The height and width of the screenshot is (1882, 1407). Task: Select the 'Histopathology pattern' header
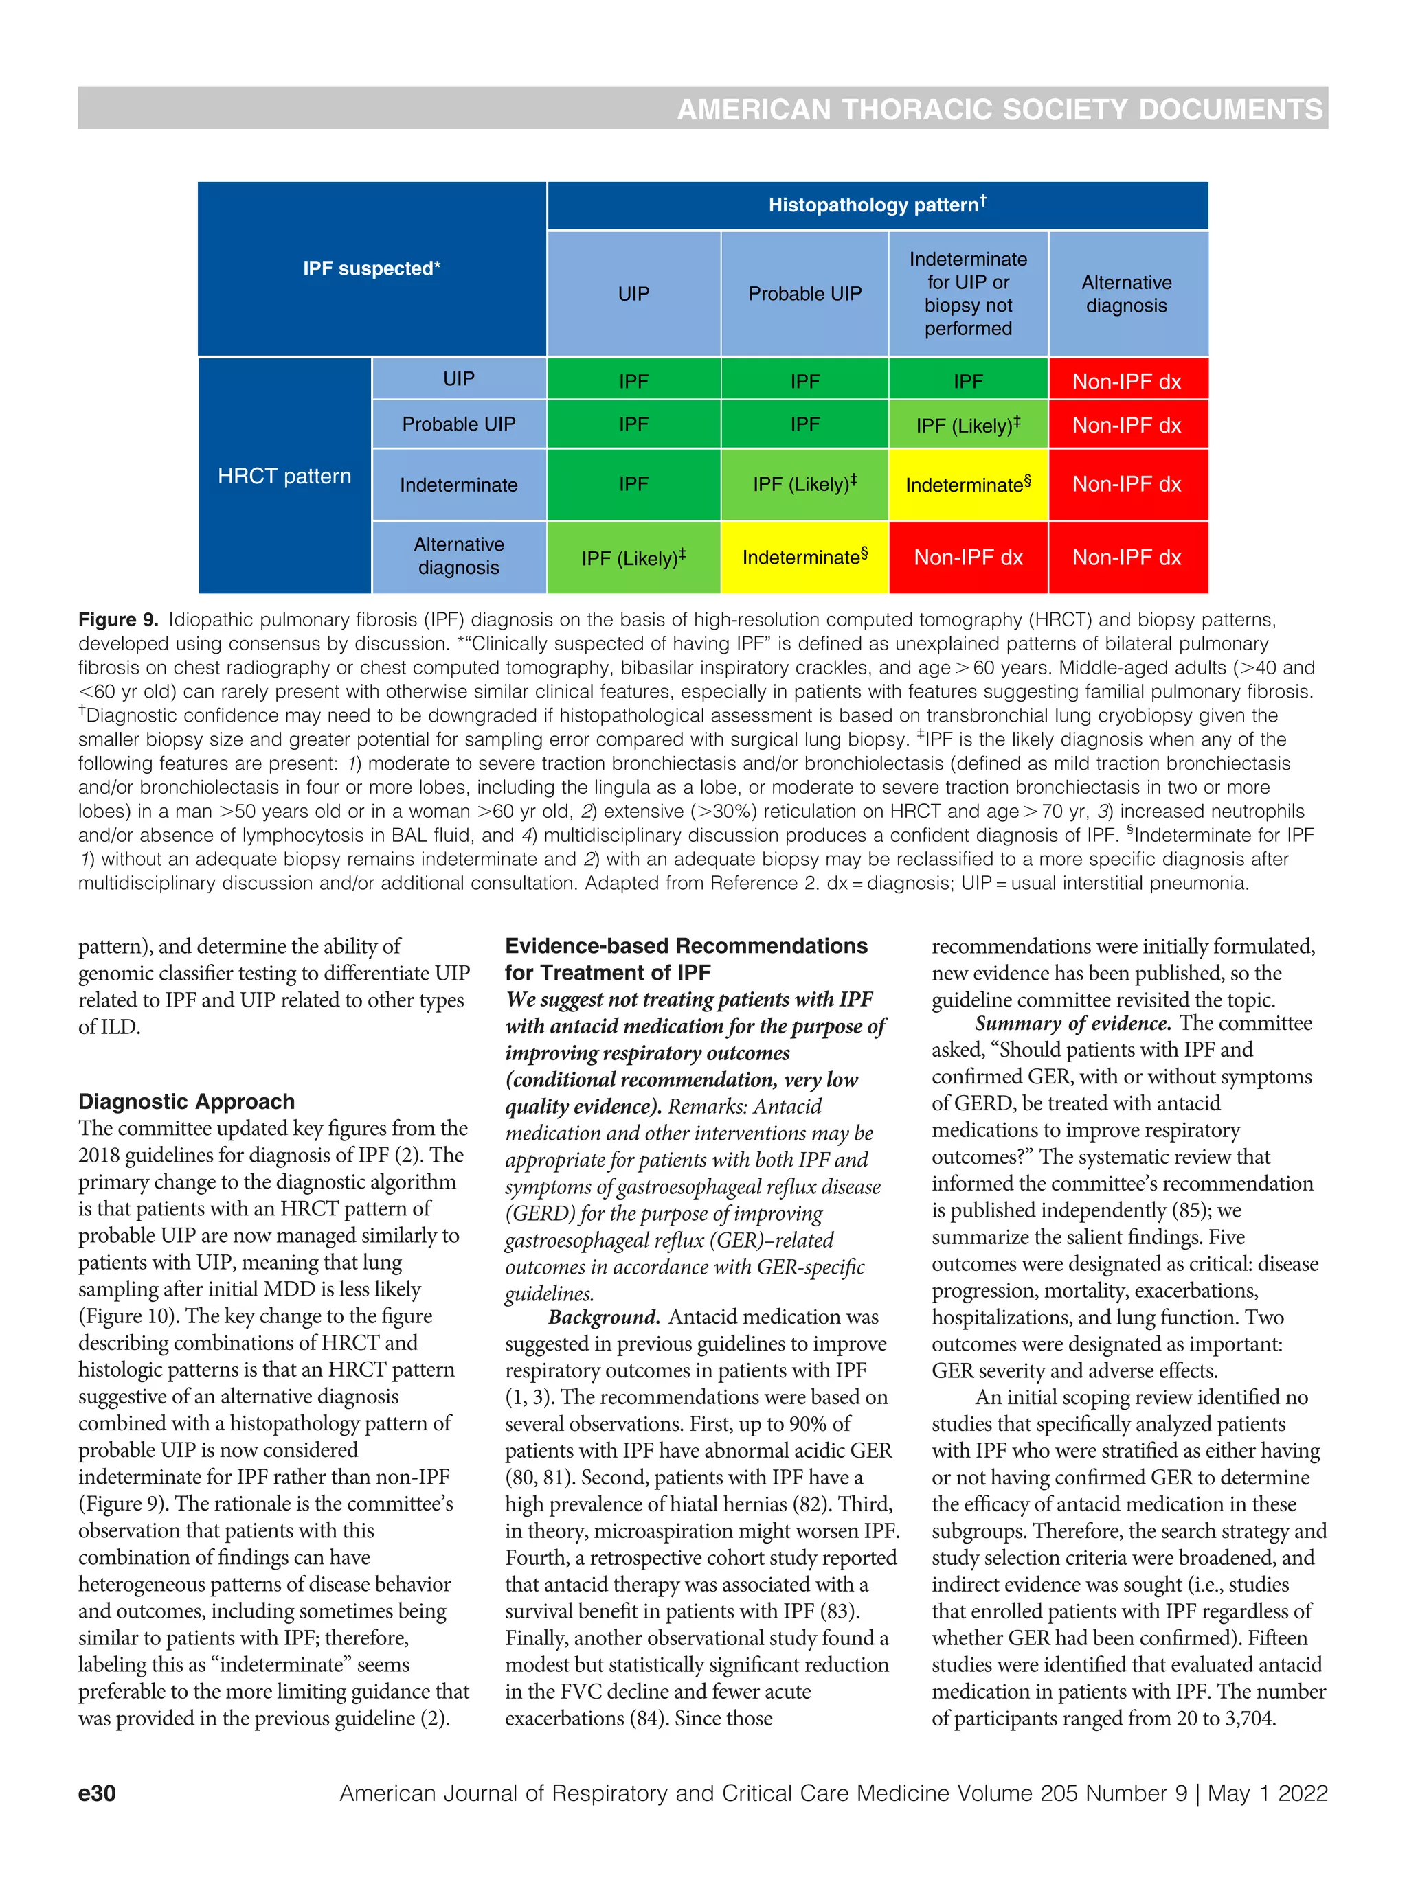tap(877, 205)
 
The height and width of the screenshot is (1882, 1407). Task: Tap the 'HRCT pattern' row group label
tap(284, 476)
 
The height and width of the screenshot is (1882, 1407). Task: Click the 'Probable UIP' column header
tap(804, 294)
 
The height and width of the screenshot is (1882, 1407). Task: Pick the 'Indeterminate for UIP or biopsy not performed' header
tap(968, 294)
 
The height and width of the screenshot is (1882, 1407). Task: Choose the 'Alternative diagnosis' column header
tap(1126, 294)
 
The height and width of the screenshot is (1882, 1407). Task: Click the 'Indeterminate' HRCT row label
tap(458, 485)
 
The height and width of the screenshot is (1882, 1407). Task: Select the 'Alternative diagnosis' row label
tap(458, 556)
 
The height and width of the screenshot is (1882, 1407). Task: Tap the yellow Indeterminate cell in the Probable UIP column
tap(804, 558)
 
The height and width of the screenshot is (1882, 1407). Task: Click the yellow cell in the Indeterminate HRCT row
tap(968, 485)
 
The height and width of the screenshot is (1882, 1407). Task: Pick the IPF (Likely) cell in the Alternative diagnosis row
tap(633, 558)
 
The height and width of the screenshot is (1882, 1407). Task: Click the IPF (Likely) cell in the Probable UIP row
tap(968, 424)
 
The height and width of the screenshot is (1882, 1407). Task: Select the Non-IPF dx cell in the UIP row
tap(1126, 381)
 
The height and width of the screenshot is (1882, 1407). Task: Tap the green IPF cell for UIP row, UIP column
tap(633, 381)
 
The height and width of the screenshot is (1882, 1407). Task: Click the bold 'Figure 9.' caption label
tap(118, 619)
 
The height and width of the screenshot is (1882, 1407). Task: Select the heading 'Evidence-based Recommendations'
tap(686, 946)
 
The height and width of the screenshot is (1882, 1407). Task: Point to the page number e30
tap(97, 1793)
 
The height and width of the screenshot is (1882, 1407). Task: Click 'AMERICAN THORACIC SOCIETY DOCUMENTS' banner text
tap(1000, 110)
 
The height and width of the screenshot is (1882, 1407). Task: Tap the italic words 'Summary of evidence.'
tap(1072, 1022)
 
